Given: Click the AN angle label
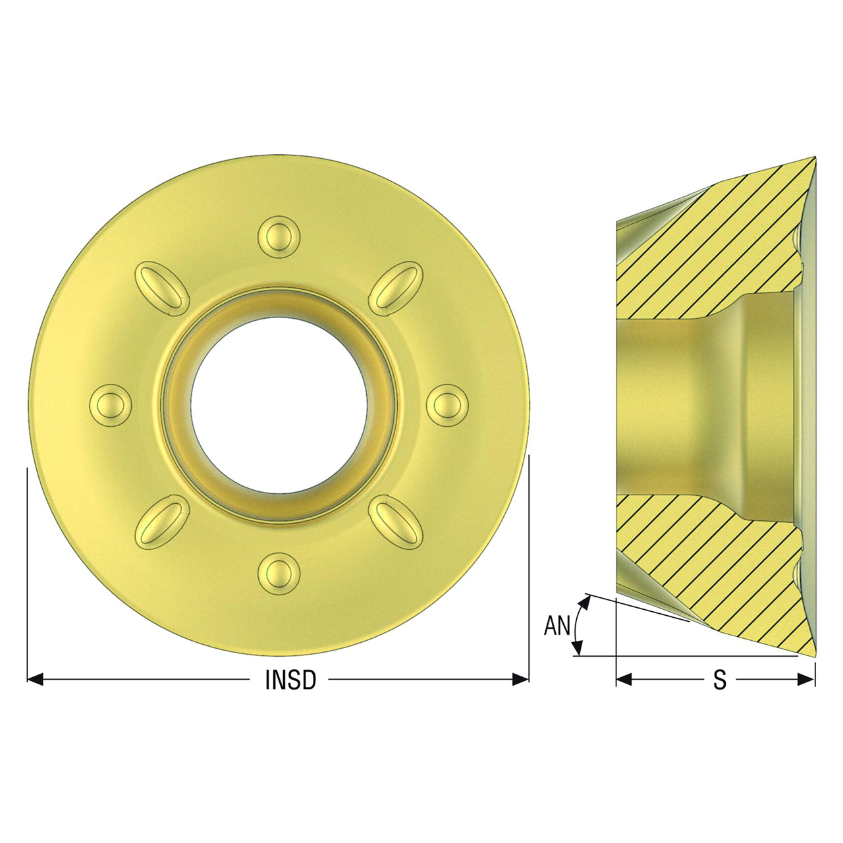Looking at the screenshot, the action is pyautogui.click(x=557, y=626).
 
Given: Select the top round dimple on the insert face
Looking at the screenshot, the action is pyautogui.click(x=279, y=236).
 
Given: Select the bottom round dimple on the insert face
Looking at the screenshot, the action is pyautogui.click(x=279, y=574).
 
